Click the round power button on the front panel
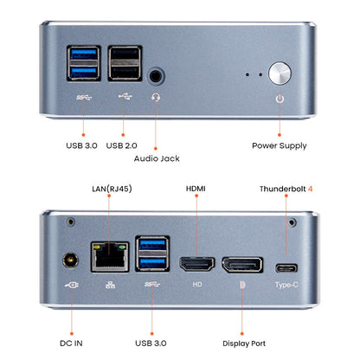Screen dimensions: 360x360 coord(280,73)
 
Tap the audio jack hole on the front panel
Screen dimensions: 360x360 coord(156,76)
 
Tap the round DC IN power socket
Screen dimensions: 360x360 coord(69,260)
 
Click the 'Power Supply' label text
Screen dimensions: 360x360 coord(279,146)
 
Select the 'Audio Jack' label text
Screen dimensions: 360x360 coord(157,158)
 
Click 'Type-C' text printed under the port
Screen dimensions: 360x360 coord(285,285)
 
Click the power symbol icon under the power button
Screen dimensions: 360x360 coord(280,99)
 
